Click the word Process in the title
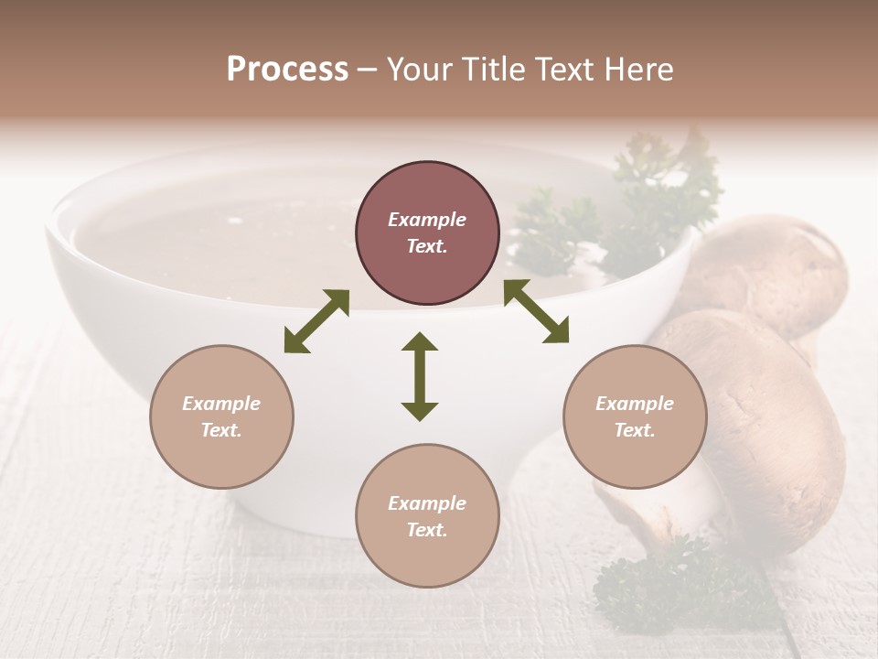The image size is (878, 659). [x=287, y=70]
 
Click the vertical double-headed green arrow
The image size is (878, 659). [x=420, y=376]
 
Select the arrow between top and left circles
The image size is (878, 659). [x=316, y=321]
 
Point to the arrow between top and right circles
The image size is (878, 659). [x=536, y=311]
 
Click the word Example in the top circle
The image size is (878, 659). [x=427, y=220]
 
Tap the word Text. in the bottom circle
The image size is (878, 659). [x=427, y=530]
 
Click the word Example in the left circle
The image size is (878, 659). [x=221, y=404]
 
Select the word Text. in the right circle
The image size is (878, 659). [x=635, y=430]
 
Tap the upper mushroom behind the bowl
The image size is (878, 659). [x=777, y=270]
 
